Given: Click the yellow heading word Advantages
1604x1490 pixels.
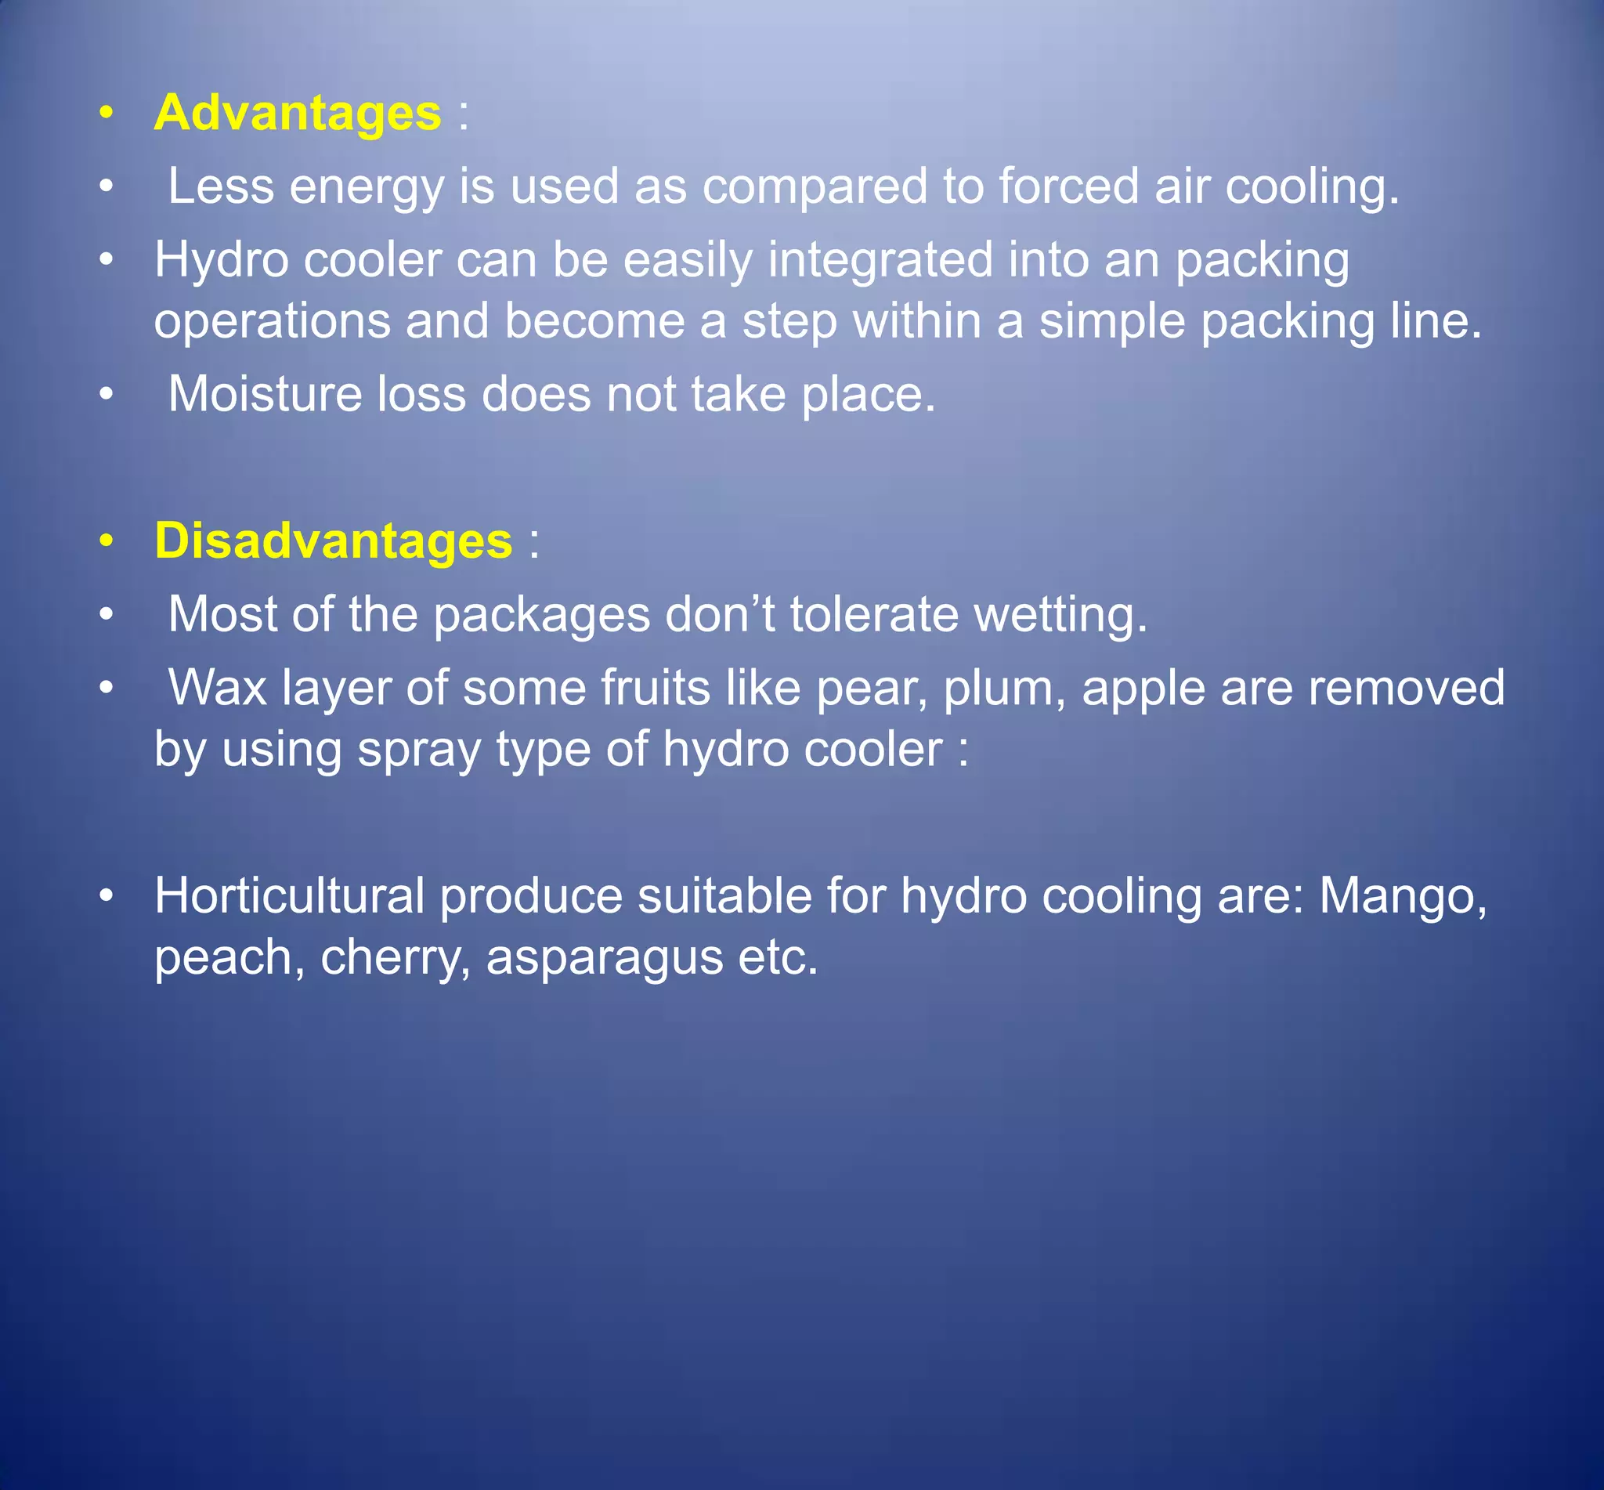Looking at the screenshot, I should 297,112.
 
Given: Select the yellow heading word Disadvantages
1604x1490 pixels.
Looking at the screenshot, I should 333,541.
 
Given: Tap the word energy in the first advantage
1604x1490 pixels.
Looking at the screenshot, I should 367,188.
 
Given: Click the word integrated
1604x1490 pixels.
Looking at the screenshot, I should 880,260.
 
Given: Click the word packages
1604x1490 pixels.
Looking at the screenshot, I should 541,616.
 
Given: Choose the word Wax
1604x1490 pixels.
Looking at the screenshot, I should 217,688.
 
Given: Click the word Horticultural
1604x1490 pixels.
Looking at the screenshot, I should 288,895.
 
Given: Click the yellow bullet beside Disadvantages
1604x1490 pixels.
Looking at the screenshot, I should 107,541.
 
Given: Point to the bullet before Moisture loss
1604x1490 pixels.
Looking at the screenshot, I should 107,394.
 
